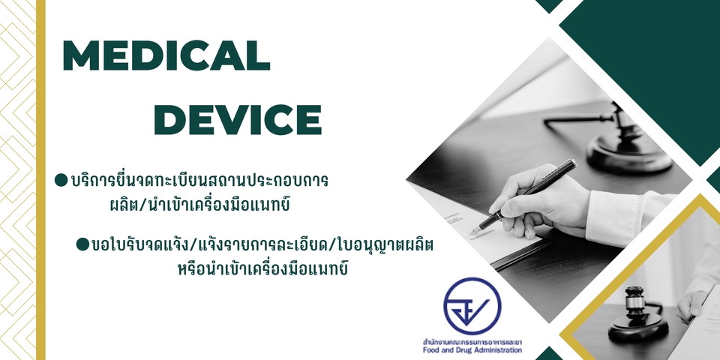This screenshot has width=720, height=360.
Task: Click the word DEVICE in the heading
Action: point(241,119)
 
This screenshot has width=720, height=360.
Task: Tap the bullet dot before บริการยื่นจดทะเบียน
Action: point(61,181)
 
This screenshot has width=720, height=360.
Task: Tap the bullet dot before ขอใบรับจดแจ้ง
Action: point(82,244)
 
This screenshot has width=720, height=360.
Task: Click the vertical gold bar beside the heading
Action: point(40,180)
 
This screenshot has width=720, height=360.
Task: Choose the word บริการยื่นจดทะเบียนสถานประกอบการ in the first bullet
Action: point(199,181)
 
